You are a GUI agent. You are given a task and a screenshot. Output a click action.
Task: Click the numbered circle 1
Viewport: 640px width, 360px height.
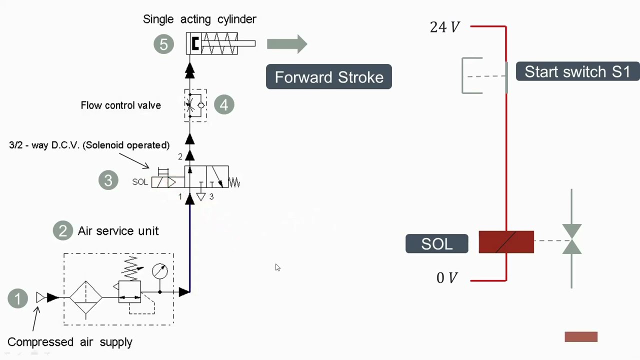(x=17, y=298)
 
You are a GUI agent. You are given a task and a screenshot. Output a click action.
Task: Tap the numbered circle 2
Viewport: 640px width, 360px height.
(x=62, y=230)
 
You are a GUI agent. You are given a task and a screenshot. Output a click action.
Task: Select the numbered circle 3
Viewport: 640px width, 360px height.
(x=108, y=180)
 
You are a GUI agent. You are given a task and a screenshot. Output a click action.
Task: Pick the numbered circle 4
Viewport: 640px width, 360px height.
(x=223, y=105)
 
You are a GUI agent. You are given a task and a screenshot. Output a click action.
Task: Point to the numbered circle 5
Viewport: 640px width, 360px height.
(x=163, y=44)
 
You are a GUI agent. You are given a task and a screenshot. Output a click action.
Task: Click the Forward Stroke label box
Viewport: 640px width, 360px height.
(x=328, y=77)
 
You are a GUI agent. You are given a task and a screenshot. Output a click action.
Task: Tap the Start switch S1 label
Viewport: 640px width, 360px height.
(x=577, y=71)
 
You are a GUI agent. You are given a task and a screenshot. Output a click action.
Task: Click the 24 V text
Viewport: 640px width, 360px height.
(x=444, y=27)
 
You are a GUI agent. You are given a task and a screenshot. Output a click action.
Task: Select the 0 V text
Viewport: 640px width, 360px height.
(x=446, y=278)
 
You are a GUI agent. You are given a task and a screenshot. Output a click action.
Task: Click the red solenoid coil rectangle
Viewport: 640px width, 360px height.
(x=506, y=242)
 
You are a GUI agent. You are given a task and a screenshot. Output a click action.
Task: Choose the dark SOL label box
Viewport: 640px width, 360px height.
(x=436, y=243)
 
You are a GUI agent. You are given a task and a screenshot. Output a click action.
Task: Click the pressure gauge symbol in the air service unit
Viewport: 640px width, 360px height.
(x=160, y=271)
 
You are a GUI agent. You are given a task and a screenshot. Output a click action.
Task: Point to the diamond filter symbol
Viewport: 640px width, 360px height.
(x=85, y=298)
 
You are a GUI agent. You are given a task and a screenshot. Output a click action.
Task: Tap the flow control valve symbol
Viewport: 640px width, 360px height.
(x=195, y=105)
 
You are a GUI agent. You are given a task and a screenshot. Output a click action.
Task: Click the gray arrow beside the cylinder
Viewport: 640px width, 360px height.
(x=286, y=44)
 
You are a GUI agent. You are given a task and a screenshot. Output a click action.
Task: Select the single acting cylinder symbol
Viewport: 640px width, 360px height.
(x=220, y=44)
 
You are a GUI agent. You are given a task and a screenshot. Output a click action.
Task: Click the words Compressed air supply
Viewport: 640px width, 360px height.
(x=70, y=342)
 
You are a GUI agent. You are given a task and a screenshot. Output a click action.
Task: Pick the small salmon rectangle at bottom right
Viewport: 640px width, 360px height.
(x=580, y=337)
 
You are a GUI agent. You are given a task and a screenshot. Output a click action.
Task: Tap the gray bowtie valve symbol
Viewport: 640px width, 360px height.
(x=571, y=239)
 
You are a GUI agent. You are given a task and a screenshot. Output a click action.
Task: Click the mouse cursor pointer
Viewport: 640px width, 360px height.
(x=277, y=267)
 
